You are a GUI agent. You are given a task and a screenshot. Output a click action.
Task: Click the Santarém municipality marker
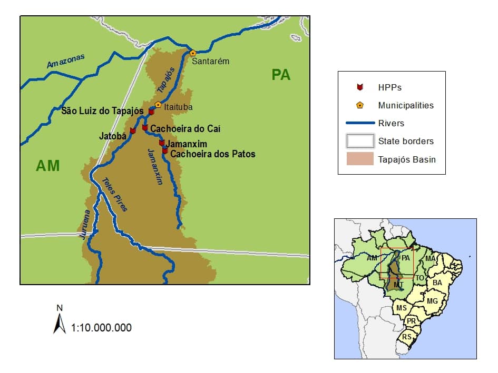click(x=193, y=53)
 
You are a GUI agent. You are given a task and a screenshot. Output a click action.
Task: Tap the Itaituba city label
click(x=178, y=107)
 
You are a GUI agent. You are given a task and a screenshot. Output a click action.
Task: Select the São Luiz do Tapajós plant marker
click(x=151, y=112)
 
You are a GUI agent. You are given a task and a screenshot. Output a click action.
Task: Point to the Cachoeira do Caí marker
click(x=145, y=127)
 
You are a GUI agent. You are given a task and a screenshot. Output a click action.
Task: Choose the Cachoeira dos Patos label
click(x=213, y=154)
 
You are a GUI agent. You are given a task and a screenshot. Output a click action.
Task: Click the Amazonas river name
click(x=65, y=61)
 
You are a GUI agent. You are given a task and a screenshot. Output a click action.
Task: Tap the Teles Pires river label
click(x=114, y=194)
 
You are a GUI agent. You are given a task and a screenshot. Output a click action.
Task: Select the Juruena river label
click(x=84, y=227)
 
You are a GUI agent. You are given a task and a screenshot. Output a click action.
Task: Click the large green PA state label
click(x=281, y=75)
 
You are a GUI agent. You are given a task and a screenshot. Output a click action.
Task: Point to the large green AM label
click(x=47, y=166)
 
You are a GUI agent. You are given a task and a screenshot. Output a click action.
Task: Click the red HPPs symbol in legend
click(x=359, y=87)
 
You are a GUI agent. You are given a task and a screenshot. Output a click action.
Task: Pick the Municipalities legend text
click(x=406, y=105)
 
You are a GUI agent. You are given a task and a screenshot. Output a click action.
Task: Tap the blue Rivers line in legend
click(x=359, y=123)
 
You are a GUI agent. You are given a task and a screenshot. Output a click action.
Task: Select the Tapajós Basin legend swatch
click(x=359, y=159)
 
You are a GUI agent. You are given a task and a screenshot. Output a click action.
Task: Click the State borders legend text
click(x=406, y=141)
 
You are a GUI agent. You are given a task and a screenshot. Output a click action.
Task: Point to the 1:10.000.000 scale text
click(x=101, y=328)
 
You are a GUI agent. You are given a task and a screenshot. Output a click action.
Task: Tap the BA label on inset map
click(x=437, y=283)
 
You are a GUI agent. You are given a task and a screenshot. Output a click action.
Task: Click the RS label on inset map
click(x=407, y=337)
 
